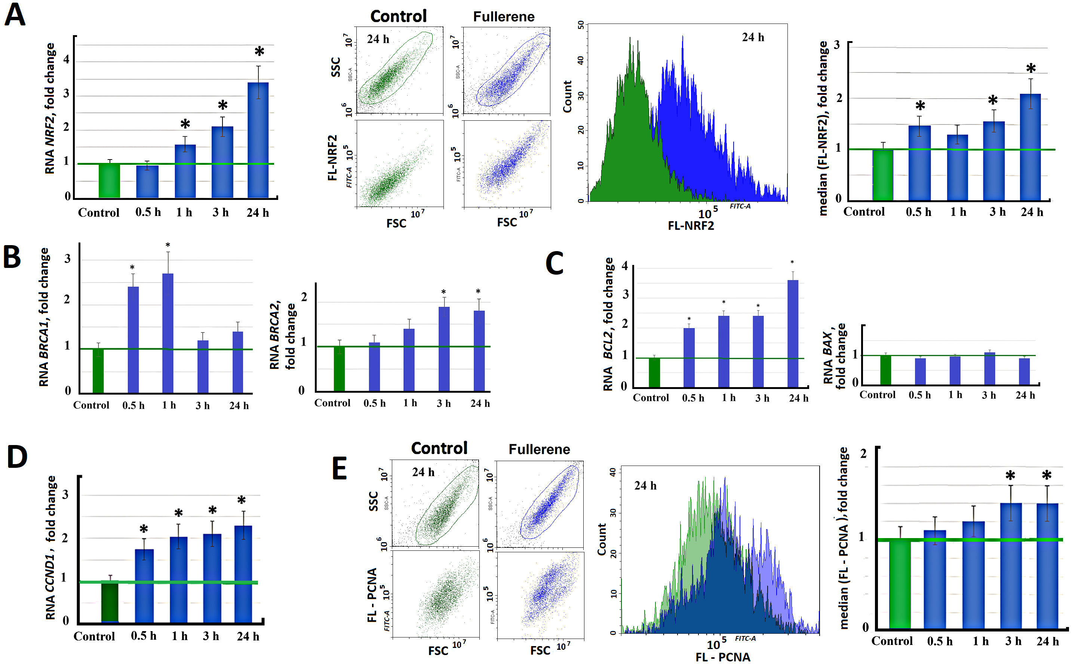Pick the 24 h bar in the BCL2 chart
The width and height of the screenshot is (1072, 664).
[793, 334]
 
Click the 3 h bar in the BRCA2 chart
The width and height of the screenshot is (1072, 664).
[444, 349]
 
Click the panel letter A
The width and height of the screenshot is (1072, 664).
[15, 15]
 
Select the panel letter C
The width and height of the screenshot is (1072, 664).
[555, 263]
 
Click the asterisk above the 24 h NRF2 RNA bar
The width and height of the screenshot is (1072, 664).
[259, 52]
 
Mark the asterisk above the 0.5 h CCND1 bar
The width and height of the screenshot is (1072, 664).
[144, 529]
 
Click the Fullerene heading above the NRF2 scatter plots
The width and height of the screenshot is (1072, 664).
[504, 17]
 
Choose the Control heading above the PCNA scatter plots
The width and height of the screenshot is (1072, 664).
[439, 448]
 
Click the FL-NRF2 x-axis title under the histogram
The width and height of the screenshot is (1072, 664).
[691, 226]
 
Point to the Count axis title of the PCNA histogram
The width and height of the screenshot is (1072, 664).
[602, 539]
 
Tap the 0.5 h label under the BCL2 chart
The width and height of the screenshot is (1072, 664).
[693, 398]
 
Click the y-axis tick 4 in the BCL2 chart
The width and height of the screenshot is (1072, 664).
[625, 266]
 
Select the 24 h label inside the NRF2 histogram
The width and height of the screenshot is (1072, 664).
[753, 38]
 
